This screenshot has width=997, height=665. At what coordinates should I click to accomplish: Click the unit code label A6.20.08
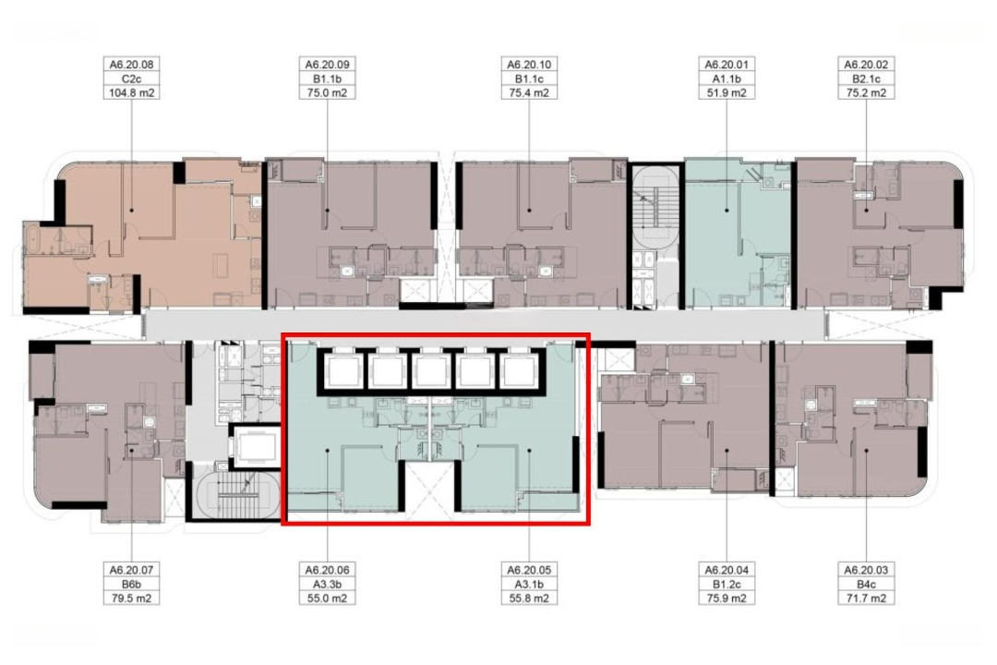(132, 65)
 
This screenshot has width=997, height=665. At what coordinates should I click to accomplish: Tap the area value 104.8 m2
(132, 93)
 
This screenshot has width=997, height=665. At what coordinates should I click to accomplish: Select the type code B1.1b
(327, 79)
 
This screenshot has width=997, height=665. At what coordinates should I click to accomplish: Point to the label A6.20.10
(529, 65)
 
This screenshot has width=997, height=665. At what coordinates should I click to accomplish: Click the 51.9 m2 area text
(727, 93)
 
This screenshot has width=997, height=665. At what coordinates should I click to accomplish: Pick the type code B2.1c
(866, 79)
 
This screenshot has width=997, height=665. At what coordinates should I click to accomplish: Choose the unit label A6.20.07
(132, 570)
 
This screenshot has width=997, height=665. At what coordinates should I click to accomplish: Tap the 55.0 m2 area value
(327, 598)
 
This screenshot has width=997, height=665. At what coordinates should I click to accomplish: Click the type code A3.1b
(529, 584)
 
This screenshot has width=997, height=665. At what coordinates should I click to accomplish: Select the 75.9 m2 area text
(727, 598)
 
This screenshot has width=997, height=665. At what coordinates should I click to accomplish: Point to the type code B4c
(866, 584)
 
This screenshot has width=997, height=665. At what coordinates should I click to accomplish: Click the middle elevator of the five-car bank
(430, 370)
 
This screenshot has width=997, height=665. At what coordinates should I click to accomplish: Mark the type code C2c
(132, 79)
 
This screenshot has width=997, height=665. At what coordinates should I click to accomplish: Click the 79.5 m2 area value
(132, 598)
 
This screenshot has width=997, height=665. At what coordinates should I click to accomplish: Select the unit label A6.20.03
(866, 570)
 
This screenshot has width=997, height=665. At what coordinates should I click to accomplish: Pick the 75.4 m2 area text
(529, 93)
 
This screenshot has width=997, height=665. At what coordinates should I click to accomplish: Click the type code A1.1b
(727, 79)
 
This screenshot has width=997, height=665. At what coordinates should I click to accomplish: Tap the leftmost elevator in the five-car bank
(343, 370)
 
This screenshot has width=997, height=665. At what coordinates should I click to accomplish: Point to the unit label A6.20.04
(727, 570)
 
